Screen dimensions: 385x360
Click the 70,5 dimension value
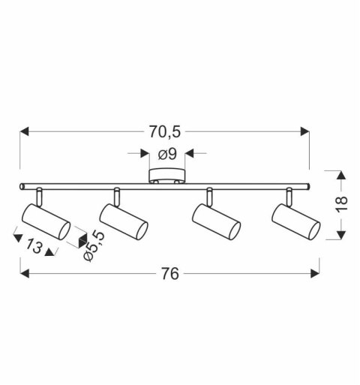165,131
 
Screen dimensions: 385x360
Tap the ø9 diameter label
166,155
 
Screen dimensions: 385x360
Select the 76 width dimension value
171,274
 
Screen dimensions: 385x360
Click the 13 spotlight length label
34,245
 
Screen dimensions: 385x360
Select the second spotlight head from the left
124,220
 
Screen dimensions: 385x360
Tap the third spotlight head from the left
216,220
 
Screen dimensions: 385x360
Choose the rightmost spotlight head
295,220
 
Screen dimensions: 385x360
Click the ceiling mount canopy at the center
166,178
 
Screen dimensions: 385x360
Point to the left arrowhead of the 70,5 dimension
25,131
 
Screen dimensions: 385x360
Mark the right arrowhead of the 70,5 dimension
304,131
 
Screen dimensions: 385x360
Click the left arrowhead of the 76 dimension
25,274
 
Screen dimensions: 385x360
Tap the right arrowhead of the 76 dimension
316,274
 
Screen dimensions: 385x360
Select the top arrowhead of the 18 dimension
340,176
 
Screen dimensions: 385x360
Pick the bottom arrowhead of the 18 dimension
340,233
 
